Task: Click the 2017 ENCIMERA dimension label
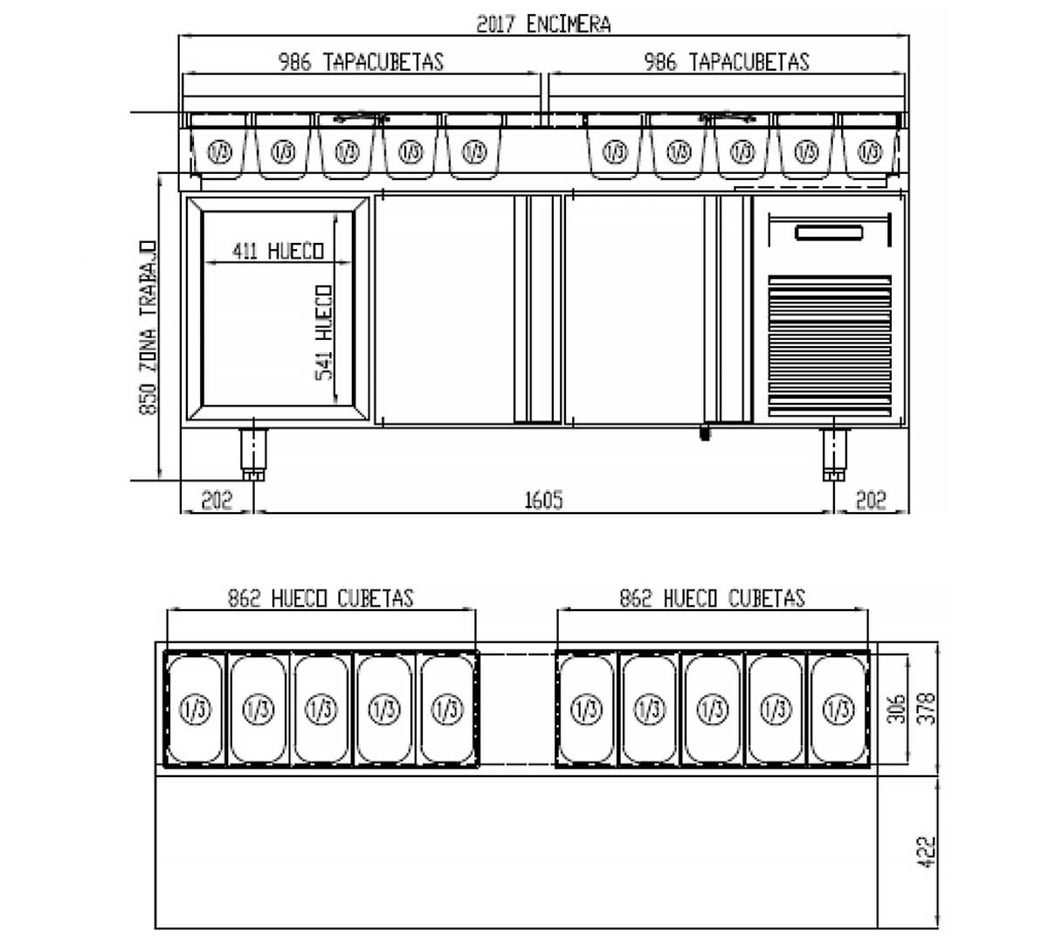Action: coord(543,24)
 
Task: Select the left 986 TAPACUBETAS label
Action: coord(361,62)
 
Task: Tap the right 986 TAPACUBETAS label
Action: coord(727,62)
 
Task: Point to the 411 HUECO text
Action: coord(278,251)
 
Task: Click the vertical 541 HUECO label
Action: coord(324,333)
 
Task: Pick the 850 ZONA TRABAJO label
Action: coord(148,328)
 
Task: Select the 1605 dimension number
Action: coord(543,500)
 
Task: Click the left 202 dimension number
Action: coord(217,500)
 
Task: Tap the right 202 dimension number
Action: coord(871,500)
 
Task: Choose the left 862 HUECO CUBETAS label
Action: coord(321,598)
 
